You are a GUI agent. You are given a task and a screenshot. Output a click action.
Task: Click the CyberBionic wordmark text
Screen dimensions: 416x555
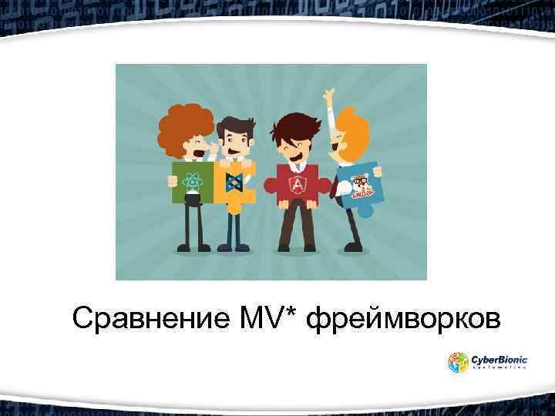point(499,358)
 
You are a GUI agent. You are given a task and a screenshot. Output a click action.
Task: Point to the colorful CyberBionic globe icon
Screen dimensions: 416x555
point(459,362)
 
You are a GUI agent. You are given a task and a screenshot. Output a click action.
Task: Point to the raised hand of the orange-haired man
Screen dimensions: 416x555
point(330,98)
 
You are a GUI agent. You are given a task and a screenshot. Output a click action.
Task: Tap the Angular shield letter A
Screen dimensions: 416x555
point(298,185)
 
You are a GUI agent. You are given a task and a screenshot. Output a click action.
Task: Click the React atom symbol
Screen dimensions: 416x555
point(193,183)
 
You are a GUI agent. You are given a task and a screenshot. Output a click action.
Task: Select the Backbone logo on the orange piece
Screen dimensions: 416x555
point(233,183)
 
